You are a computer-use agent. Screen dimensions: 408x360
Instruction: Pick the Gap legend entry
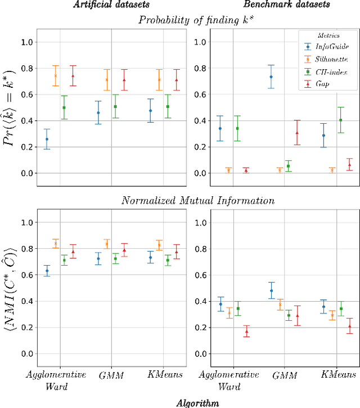(326, 83)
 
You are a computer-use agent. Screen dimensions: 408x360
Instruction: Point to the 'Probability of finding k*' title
(193, 20)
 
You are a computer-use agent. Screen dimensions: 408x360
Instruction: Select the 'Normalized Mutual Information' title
(193, 201)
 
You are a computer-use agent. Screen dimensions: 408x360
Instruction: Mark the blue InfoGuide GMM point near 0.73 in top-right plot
(271, 77)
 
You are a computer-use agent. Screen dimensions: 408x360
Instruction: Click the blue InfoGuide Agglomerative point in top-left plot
(47, 139)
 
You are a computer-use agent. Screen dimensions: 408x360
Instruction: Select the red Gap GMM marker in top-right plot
(298, 133)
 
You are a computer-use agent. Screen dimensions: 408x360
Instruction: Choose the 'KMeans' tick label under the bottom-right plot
(336, 375)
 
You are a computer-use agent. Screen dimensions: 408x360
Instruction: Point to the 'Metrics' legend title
(327, 35)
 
